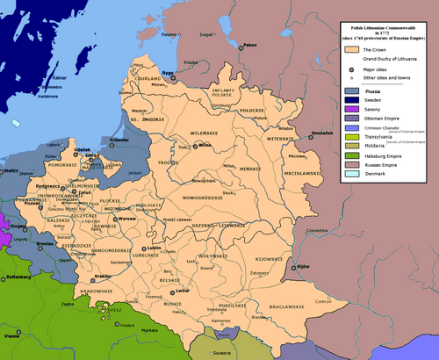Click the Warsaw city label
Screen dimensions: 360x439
(128, 218)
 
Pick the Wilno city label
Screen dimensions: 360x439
(207, 145)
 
